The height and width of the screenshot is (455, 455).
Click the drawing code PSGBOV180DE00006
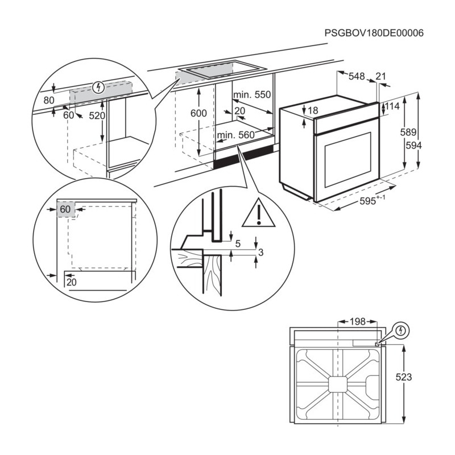374,34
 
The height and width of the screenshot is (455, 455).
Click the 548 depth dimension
356,76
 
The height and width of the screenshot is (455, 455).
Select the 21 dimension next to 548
380,76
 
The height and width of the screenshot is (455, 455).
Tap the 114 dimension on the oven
392,106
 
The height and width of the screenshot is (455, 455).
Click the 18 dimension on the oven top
313,110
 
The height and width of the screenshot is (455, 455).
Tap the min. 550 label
251,95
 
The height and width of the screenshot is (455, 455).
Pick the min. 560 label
235,135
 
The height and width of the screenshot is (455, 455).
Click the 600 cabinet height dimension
198,113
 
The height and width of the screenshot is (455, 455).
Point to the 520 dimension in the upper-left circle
98,115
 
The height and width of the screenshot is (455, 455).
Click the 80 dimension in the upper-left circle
49,101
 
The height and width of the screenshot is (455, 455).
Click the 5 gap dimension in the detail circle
238,244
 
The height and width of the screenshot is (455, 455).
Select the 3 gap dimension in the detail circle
260,252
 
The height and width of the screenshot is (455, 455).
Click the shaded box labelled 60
65,209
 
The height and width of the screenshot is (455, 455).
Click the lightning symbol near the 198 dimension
401,330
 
